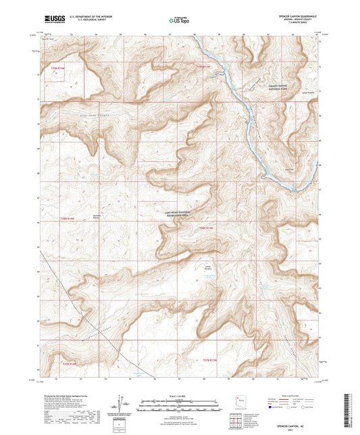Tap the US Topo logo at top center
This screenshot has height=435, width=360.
[179, 21]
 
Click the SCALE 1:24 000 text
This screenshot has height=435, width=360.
[180, 394]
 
